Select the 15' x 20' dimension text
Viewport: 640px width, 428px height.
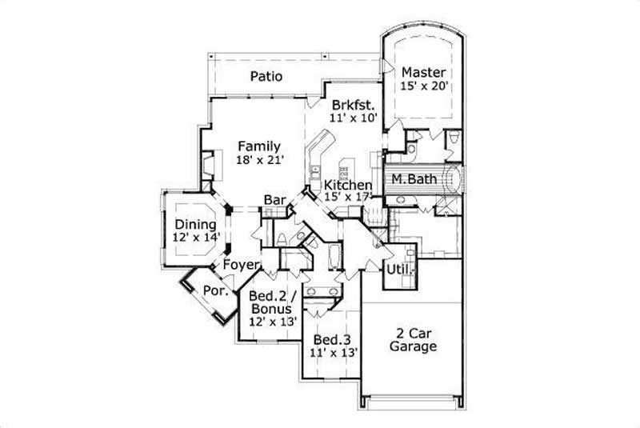pos(422,85)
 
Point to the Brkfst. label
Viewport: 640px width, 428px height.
pos(353,105)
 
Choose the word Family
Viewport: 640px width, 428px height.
pos(259,146)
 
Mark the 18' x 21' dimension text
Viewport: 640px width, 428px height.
pos(259,161)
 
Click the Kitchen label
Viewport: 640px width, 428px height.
pos(347,185)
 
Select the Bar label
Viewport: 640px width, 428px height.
pos(274,200)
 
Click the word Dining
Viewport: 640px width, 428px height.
pos(195,225)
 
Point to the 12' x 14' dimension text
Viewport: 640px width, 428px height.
pos(195,238)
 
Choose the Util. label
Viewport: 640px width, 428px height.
pos(400,270)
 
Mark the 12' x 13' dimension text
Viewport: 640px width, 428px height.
pos(274,322)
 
